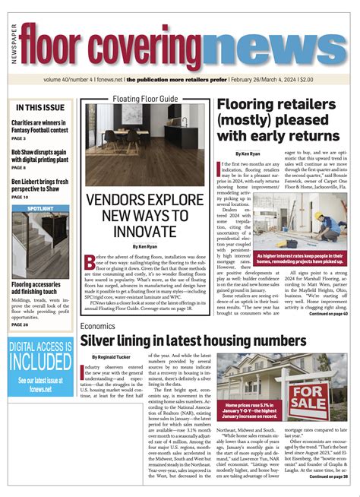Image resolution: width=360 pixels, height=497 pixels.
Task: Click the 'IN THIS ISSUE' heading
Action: [39, 108]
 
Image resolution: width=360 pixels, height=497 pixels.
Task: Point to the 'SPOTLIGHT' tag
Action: [39, 207]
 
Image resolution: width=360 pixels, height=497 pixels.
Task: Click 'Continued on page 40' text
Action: [328, 313]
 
